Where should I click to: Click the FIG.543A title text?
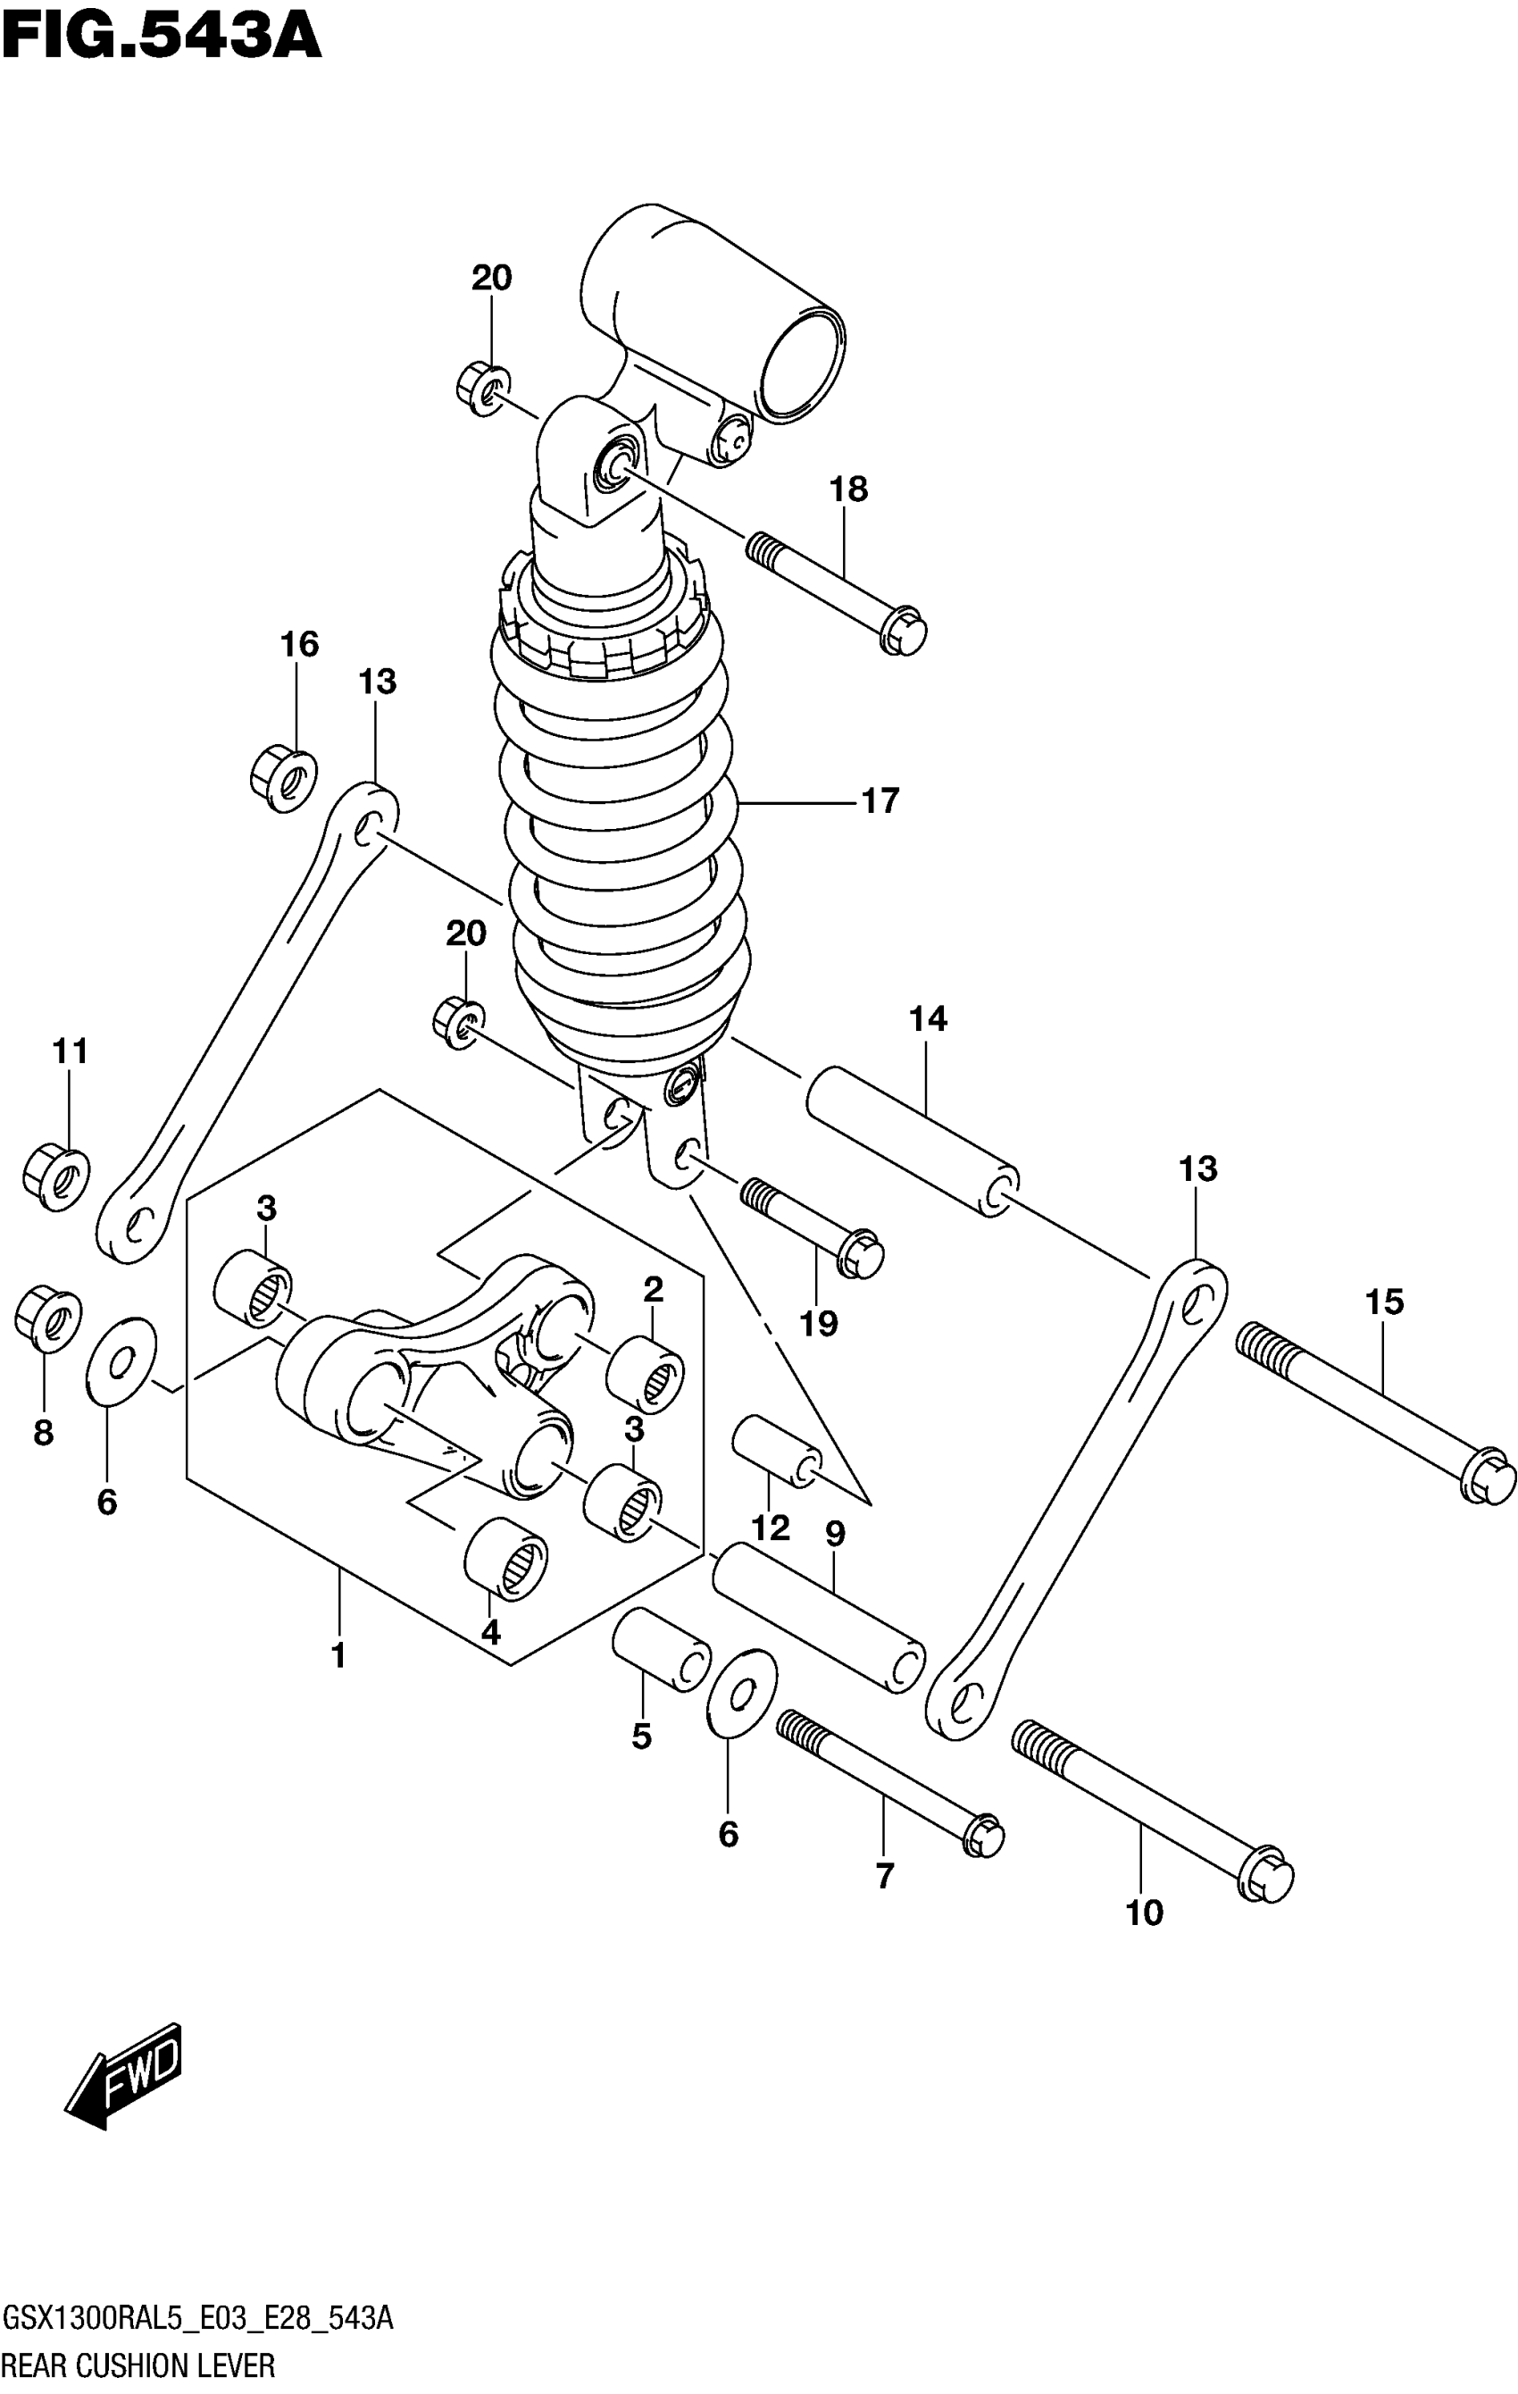162,37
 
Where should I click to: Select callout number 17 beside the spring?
880,800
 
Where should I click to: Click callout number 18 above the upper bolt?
848,490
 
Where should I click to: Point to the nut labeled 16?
282,781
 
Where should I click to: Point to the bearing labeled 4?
506,1559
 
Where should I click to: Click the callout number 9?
835,1534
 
